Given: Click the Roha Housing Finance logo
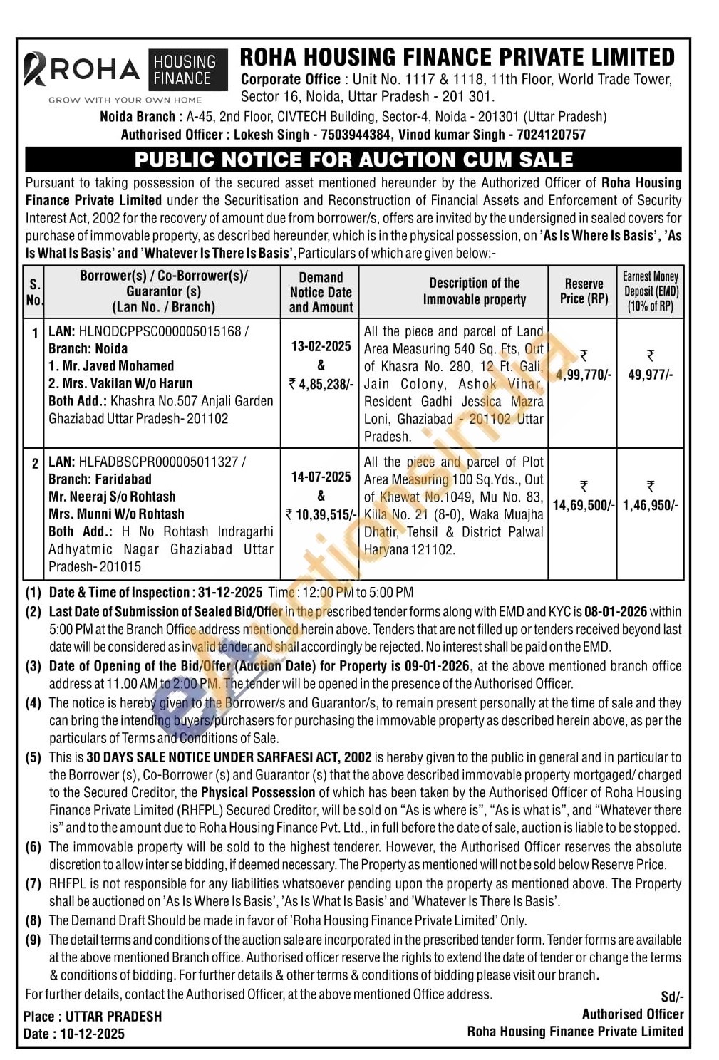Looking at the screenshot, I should click(x=125, y=75).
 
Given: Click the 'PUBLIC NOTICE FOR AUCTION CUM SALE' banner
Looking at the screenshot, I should click(x=353, y=160).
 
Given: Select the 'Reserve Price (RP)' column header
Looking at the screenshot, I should click(x=584, y=291).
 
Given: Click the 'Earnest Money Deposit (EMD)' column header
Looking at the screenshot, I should click(x=651, y=291).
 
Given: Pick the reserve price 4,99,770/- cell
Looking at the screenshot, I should click(x=584, y=375).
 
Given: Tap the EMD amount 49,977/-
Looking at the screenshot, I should click(x=650, y=375).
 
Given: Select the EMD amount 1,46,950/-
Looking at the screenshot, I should click(x=651, y=505).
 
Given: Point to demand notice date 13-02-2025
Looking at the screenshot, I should click(x=321, y=347).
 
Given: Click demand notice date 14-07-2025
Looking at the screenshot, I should click(x=321, y=477).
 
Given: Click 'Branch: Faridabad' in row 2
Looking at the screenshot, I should click(x=100, y=479).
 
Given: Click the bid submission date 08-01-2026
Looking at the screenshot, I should click(x=616, y=612).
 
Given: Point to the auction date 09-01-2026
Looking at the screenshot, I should click(x=436, y=666).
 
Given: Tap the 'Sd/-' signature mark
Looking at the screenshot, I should click(x=672, y=997).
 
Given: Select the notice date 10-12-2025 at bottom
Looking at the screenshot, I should click(x=92, y=1034).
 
